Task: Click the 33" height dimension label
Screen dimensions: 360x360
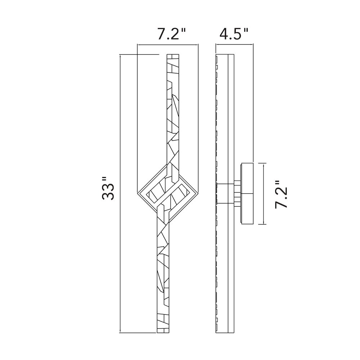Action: click(108, 188)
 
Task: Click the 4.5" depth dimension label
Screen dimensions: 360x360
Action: click(234, 34)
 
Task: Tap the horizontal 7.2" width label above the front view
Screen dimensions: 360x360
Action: click(171, 34)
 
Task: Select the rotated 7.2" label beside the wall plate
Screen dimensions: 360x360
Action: click(281, 194)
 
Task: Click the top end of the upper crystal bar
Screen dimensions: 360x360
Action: click(173, 54)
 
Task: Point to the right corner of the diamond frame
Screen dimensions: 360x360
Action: click(198, 192)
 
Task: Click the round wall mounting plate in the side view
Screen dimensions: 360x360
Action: click(247, 193)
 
